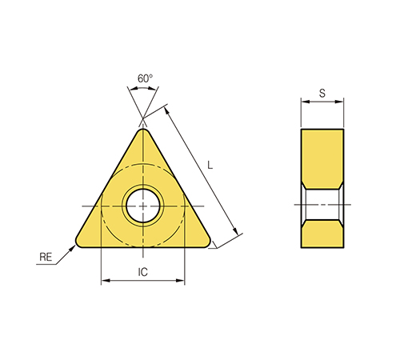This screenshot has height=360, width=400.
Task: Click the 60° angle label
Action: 145,78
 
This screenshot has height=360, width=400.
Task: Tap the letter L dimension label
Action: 210,166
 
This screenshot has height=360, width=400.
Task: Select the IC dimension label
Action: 142,272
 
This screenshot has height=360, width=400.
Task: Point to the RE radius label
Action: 46,257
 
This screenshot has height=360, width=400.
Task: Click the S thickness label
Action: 322,93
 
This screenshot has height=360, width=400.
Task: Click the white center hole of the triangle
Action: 143,206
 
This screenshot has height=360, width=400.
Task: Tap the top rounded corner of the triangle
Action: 143,132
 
